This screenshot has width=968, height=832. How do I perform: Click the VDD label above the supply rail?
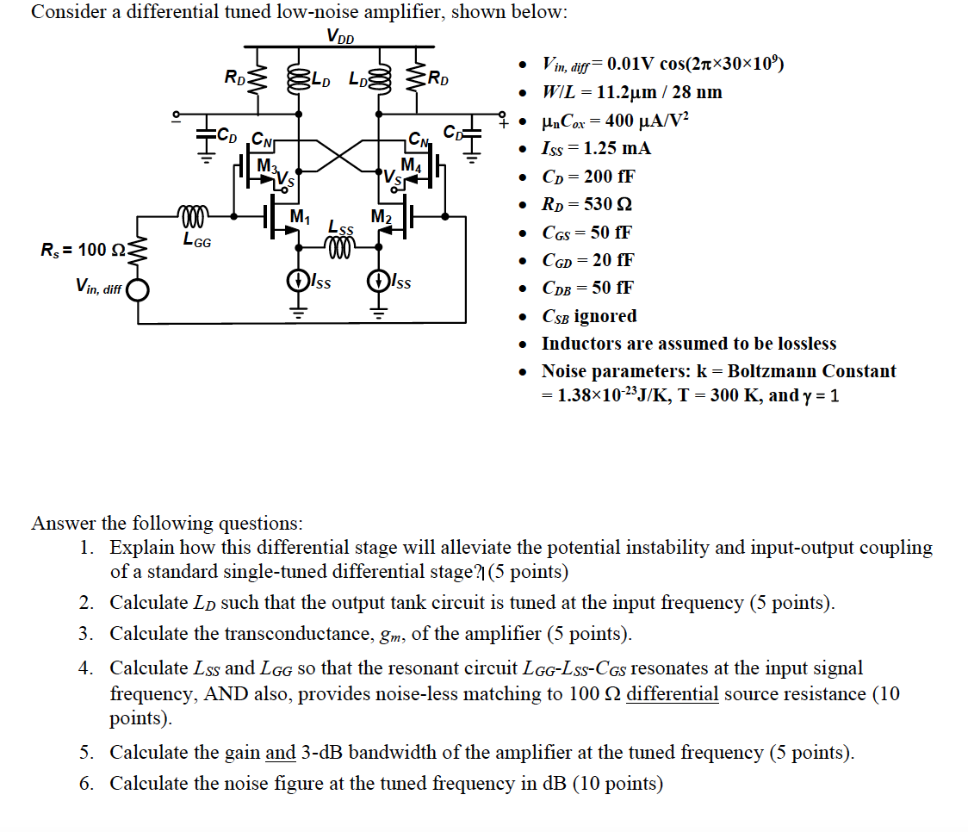point(341,36)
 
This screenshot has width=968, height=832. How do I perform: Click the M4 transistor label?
point(411,165)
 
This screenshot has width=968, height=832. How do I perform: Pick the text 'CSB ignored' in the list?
point(589,316)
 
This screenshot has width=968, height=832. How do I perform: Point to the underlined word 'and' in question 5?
point(281,753)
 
